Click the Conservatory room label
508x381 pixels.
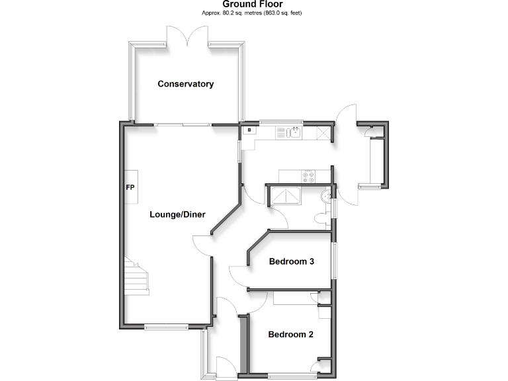point(185,84)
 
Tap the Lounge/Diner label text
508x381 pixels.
point(177,214)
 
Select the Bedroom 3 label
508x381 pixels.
point(291,261)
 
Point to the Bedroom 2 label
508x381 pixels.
point(290,334)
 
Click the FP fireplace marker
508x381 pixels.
point(130,187)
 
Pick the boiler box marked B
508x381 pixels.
point(249,130)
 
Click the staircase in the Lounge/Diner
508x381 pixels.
point(135,276)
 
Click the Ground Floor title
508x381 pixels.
point(253,5)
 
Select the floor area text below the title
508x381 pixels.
point(253,13)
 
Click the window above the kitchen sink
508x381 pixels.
point(281,122)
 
